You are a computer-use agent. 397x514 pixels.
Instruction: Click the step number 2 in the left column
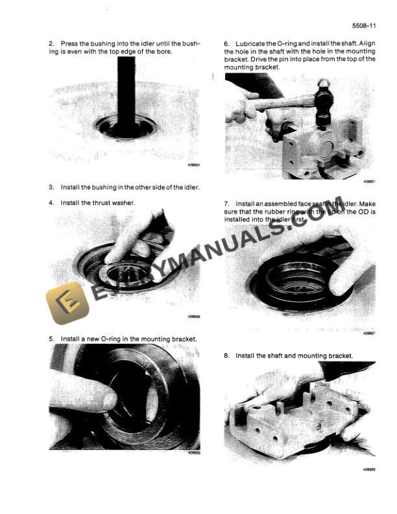point(51,43)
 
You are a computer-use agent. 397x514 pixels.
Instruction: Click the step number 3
point(51,187)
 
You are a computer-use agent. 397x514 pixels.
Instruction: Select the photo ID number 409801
point(370,182)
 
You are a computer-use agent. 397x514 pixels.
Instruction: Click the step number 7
point(226,202)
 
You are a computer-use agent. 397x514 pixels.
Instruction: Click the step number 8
point(226,356)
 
